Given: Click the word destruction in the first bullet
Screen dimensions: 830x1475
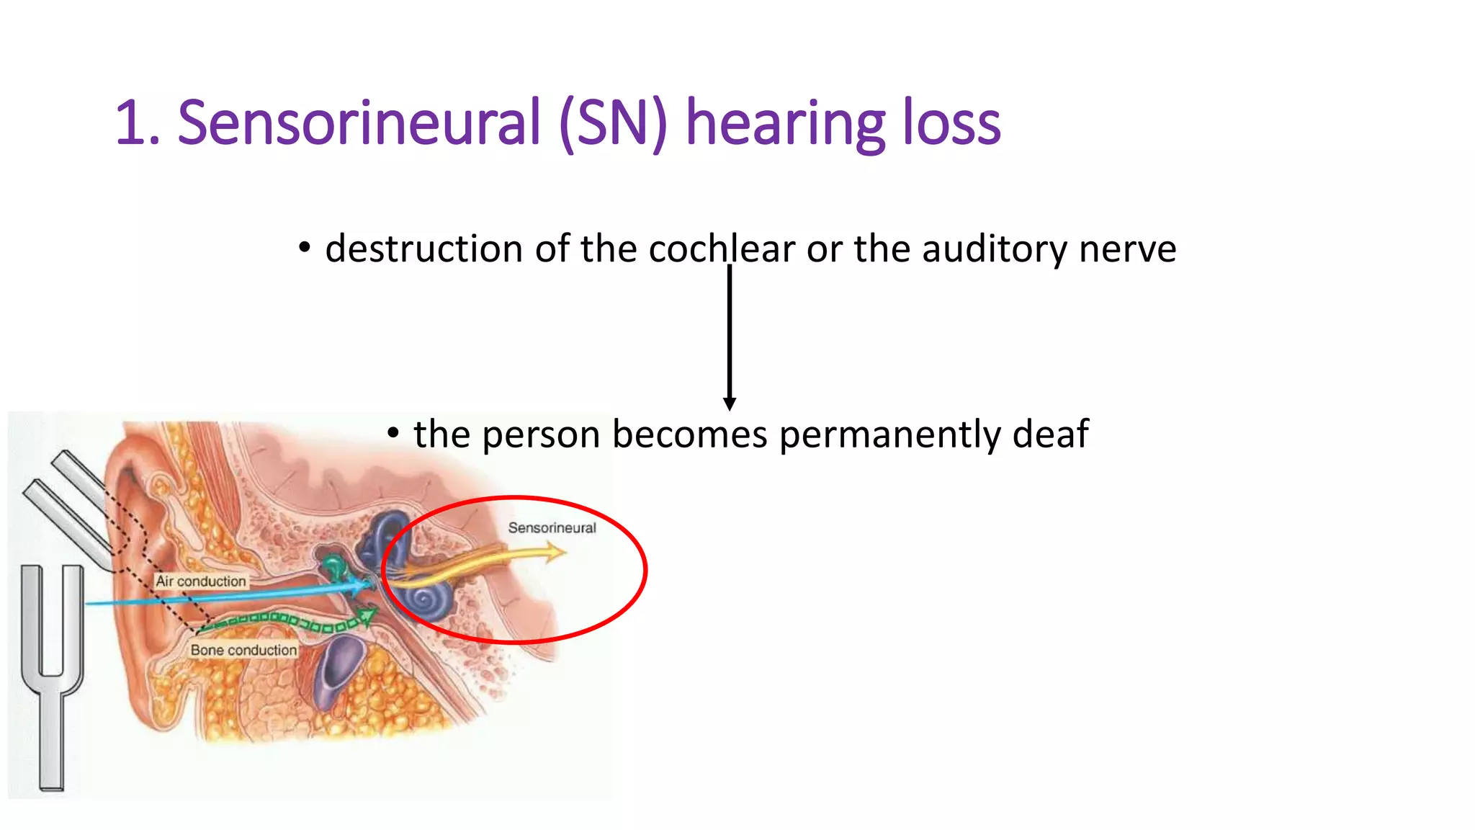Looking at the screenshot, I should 423,249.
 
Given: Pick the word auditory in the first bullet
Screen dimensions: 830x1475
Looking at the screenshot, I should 995,250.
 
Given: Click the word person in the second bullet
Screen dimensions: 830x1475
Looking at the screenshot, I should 541,435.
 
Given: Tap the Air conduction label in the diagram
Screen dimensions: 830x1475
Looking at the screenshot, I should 201,581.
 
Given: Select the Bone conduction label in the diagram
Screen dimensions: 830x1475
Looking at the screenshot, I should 243,650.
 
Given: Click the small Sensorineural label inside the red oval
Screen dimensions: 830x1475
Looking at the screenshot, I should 552,527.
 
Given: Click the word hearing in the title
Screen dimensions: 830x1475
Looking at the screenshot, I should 784,124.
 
